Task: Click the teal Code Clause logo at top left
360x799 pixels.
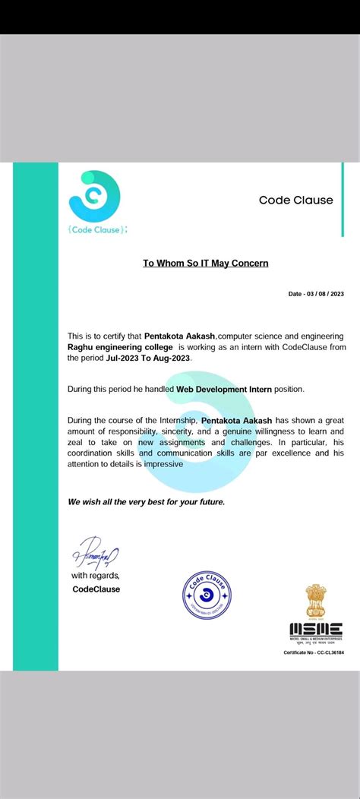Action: (94, 196)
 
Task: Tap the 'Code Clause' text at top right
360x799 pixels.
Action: (295, 201)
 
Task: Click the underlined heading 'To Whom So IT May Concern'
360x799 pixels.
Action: (205, 264)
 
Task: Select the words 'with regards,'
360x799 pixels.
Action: (96, 576)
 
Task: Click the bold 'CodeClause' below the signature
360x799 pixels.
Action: (96, 589)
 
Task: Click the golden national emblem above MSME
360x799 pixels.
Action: (315, 601)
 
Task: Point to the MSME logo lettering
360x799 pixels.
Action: (315, 630)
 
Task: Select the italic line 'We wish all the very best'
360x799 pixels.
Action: (145, 502)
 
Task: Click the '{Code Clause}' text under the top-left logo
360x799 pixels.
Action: (97, 229)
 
